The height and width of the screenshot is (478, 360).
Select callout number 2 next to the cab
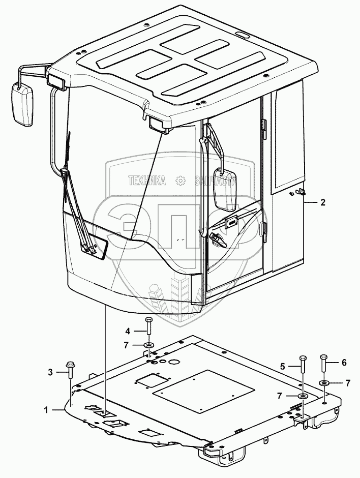click(x=322, y=202)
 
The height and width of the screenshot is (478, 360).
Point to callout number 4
click(x=128, y=331)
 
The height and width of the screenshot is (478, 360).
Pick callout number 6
click(x=329, y=362)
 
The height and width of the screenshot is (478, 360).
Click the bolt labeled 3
click(x=70, y=370)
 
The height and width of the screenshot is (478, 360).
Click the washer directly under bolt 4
click(x=148, y=346)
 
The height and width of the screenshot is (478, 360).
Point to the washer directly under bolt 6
click(x=323, y=382)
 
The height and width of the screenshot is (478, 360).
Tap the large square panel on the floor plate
click(x=203, y=390)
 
